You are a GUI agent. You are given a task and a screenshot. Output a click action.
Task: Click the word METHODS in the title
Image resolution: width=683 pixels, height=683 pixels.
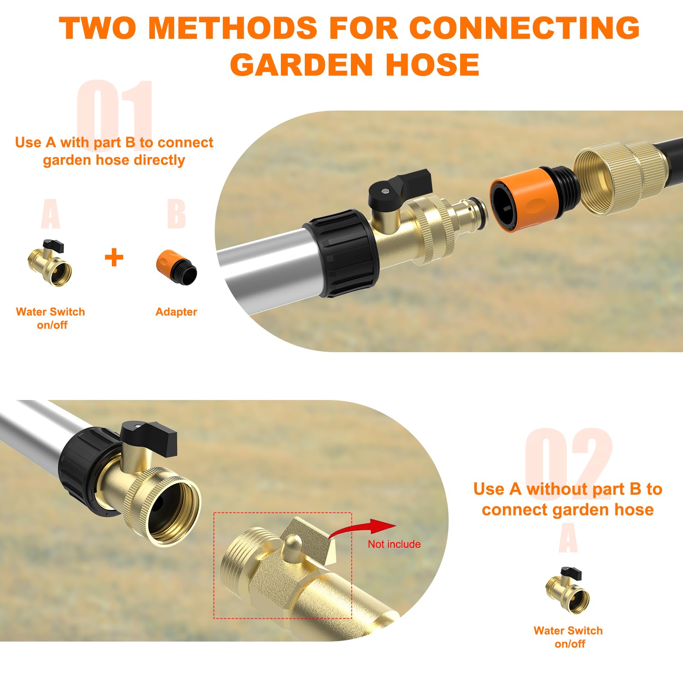tap(233, 28)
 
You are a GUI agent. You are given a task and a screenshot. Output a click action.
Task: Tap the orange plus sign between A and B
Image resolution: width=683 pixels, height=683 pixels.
tap(114, 257)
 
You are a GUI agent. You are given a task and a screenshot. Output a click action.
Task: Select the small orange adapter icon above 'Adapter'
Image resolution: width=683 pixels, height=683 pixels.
tap(177, 268)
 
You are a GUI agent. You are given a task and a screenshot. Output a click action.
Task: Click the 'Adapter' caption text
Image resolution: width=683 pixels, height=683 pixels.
tap(176, 312)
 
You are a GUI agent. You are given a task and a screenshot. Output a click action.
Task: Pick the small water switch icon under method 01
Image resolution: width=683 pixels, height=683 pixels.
tap(50, 263)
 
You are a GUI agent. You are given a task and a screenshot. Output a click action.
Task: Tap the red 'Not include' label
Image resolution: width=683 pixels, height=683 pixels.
tap(394, 544)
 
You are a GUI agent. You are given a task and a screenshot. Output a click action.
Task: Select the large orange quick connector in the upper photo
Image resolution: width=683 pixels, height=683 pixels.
tap(523, 200)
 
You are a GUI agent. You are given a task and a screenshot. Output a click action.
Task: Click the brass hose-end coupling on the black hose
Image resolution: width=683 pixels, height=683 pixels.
tap(619, 177)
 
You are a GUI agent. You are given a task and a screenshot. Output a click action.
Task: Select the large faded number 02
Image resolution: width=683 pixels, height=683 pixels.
tap(568, 459)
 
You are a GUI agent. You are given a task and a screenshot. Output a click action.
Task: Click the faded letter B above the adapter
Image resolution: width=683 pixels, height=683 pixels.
tap(176, 213)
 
